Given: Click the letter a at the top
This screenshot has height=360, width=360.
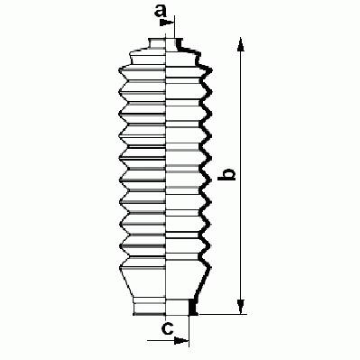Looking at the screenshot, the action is pos(161,11).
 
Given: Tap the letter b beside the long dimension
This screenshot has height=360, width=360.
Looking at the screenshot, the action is pos(227,175).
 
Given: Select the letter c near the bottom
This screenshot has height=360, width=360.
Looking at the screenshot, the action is pos(168,328).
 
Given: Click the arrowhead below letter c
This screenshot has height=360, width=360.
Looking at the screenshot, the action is pos(182,341).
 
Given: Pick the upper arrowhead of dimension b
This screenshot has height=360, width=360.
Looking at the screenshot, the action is pos(240,44).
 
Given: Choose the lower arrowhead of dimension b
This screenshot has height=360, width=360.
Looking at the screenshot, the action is pos(240,307).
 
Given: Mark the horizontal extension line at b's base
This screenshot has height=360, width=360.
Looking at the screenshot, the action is pos(223,315).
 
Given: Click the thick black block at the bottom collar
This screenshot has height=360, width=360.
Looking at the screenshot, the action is pos(191,307).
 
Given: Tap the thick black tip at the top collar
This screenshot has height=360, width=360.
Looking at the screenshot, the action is pos(180,43).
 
